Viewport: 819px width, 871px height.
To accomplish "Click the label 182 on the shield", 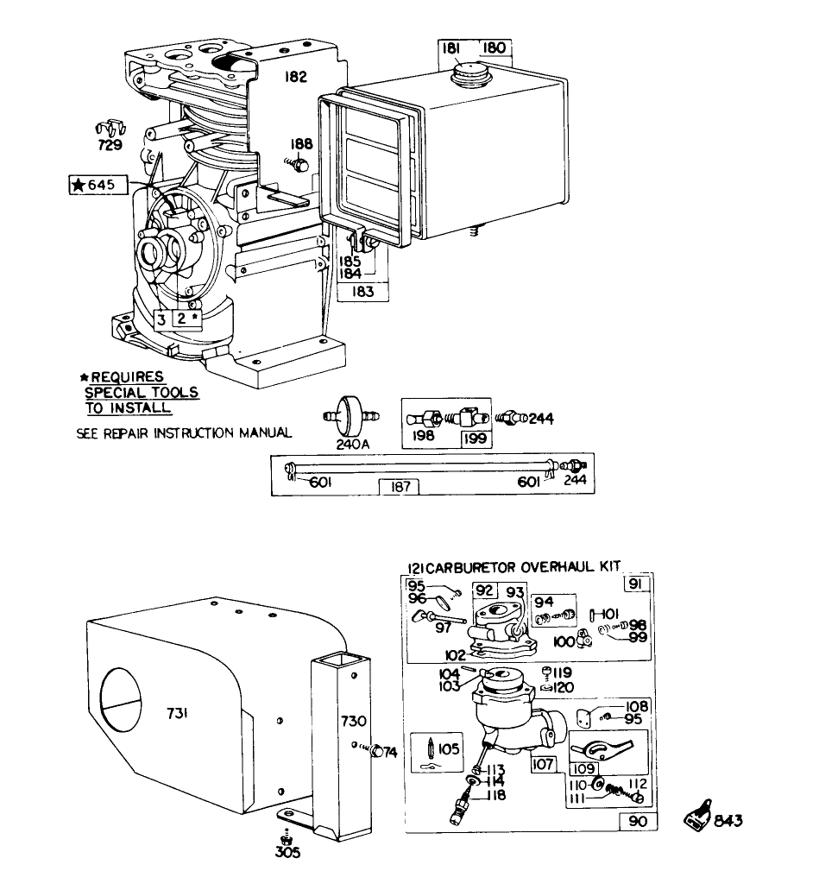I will tap(295, 77).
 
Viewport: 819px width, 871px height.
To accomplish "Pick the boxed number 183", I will tap(362, 292).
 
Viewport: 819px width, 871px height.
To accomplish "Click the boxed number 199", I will tap(474, 438).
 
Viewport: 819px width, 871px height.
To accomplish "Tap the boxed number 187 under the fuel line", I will tap(400, 487).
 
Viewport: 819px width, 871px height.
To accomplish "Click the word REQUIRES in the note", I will tap(128, 377).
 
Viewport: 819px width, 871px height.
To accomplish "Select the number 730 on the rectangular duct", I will tap(354, 721).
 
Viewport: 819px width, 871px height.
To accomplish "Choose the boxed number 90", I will tap(637, 822).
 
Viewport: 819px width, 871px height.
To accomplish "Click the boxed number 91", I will tap(637, 584).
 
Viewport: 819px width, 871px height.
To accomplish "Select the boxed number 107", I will tap(543, 764).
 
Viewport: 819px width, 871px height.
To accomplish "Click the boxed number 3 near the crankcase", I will tap(162, 318).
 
